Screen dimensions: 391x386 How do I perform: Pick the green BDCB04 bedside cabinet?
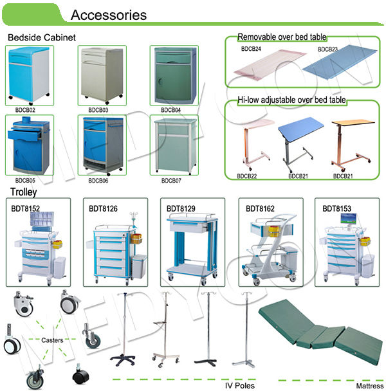click(x=170, y=74)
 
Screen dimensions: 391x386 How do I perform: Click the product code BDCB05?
click(x=25, y=181)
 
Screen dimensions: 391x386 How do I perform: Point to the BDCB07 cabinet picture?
click(x=170, y=145)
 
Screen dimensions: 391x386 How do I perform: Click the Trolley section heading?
click(x=24, y=192)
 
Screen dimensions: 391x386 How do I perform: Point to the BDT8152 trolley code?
click(x=25, y=208)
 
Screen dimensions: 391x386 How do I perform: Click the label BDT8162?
click(x=260, y=208)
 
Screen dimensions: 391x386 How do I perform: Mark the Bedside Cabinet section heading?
click(x=41, y=37)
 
